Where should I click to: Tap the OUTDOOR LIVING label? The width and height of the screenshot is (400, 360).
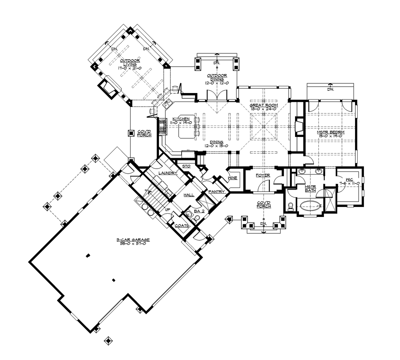121,63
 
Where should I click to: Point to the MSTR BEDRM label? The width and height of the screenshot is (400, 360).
330,132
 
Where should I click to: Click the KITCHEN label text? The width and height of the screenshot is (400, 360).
181,119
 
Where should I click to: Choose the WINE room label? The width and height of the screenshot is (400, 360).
232,178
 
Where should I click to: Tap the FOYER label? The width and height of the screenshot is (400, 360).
263,175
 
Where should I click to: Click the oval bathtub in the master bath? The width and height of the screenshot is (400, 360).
309,206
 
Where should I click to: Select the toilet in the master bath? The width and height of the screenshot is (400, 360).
290,207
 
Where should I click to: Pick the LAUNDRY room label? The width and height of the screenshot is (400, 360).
168,173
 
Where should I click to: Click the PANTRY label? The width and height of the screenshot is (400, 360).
216,192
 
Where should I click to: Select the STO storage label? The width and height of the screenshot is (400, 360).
186,166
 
